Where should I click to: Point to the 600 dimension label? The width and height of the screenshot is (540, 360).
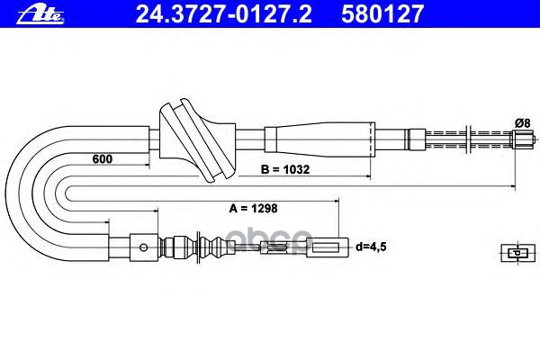tap(103, 159)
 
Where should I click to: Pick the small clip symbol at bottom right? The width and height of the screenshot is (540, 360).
tap(512, 253)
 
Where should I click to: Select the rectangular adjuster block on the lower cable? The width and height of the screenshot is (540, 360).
tap(143, 244)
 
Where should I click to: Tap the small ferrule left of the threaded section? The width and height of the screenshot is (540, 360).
tap(415, 139)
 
